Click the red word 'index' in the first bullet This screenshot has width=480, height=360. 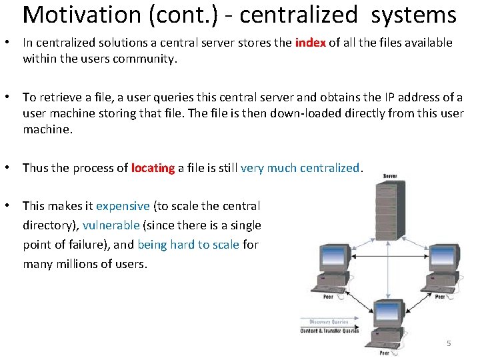click(310, 43)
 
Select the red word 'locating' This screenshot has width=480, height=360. click(153, 168)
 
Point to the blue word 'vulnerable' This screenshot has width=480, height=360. click(111, 225)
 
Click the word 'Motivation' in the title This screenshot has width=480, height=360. click(81, 15)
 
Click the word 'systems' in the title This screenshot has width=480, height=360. click(414, 15)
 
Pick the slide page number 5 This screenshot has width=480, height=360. click(449, 343)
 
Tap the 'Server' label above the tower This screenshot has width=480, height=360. click(390, 176)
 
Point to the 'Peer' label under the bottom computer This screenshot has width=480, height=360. click(384, 353)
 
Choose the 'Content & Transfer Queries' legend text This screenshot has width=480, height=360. click(329, 331)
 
